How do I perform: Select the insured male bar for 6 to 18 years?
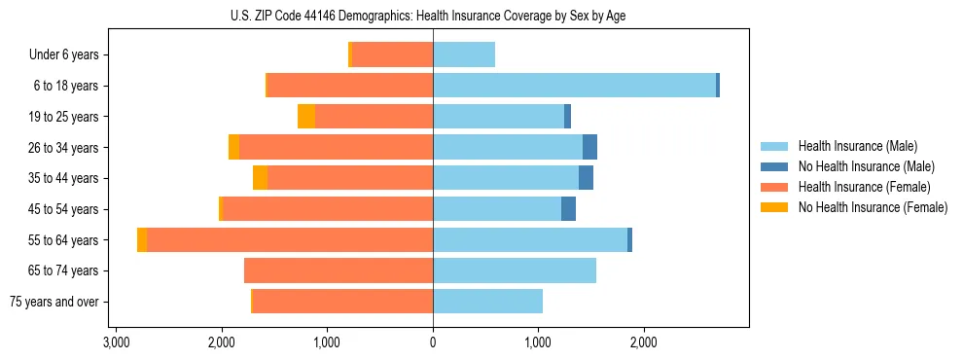[574, 86]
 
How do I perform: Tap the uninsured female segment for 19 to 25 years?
[306, 117]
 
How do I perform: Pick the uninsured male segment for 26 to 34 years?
[589, 147]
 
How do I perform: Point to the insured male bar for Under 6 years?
[464, 55]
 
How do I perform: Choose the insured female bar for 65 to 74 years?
[339, 270]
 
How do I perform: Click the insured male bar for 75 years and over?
[487, 302]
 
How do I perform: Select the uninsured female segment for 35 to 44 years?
[260, 178]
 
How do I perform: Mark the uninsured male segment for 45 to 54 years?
[568, 209]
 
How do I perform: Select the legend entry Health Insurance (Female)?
[864, 187]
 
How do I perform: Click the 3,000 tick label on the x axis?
[116, 343]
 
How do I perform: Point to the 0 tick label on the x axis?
[433, 343]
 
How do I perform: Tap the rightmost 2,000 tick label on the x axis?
[644, 343]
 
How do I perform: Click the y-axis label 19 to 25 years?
[65, 117]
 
